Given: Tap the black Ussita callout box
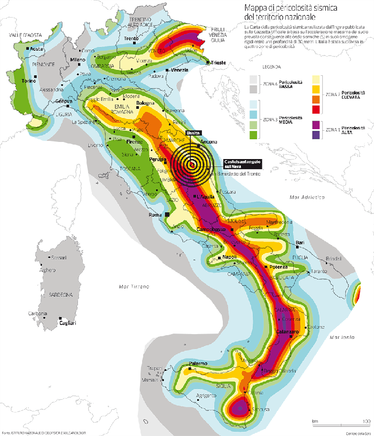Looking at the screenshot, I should [x=192, y=132].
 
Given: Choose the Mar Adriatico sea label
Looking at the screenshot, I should [x=307, y=197].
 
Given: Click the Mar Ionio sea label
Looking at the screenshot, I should [x=342, y=337].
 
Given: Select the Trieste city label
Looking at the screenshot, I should [x=218, y=62].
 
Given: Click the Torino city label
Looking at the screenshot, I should [x=28, y=81].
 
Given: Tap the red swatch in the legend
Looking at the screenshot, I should [x=316, y=109].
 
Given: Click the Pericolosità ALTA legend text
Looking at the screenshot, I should [x=353, y=130].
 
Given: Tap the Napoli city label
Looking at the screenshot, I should [x=229, y=257].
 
